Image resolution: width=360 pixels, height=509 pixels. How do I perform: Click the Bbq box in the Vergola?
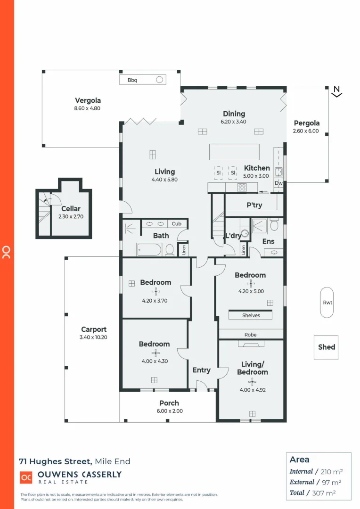coord(142,80)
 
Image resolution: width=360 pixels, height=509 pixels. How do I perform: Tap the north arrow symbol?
coord(336,91)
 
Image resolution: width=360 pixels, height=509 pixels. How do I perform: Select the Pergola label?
coord(306,123)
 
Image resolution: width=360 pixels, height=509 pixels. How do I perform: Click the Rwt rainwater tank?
coord(327,302)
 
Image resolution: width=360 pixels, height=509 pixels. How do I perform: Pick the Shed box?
coord(327,347)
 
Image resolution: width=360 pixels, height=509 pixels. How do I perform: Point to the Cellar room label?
coord(71,209)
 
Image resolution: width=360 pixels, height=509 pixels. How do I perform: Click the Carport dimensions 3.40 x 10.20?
coord(94,337)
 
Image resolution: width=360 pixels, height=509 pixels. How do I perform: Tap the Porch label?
coord(169,403)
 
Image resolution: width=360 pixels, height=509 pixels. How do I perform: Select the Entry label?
coord(202,370)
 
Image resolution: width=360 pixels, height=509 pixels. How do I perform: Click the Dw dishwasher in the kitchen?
coord(278,183)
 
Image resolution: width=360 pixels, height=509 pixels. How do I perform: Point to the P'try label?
coord(254,205)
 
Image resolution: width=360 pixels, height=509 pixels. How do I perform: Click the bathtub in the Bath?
coord(149,249)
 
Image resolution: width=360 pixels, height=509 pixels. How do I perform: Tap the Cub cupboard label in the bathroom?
coord(176,223)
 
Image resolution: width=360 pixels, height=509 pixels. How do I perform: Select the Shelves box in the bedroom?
coord(251,315)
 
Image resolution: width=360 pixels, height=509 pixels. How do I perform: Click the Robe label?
coord(251,335)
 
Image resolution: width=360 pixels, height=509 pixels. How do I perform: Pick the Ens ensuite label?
coord(268,241)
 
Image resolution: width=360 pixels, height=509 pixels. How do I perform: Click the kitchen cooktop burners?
coord(242,187)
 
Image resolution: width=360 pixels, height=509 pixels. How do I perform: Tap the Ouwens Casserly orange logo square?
coord(26,477)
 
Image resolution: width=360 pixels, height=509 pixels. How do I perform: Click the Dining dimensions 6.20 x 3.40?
coord(234,122)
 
